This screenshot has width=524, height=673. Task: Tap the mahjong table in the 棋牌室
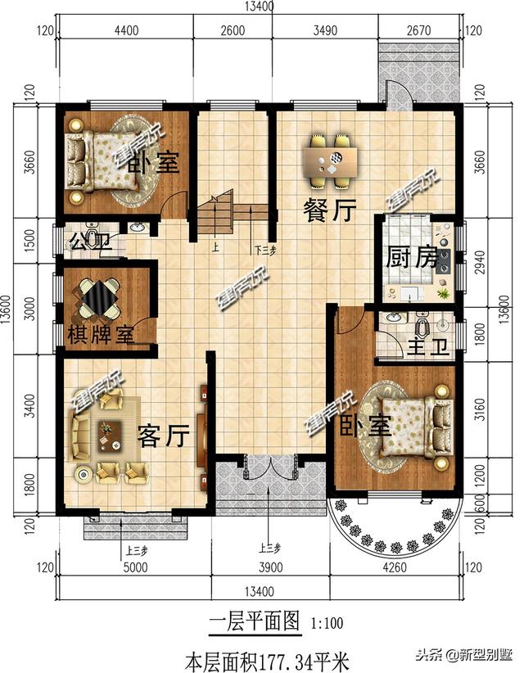99,298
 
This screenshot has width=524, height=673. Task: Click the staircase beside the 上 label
216,215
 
